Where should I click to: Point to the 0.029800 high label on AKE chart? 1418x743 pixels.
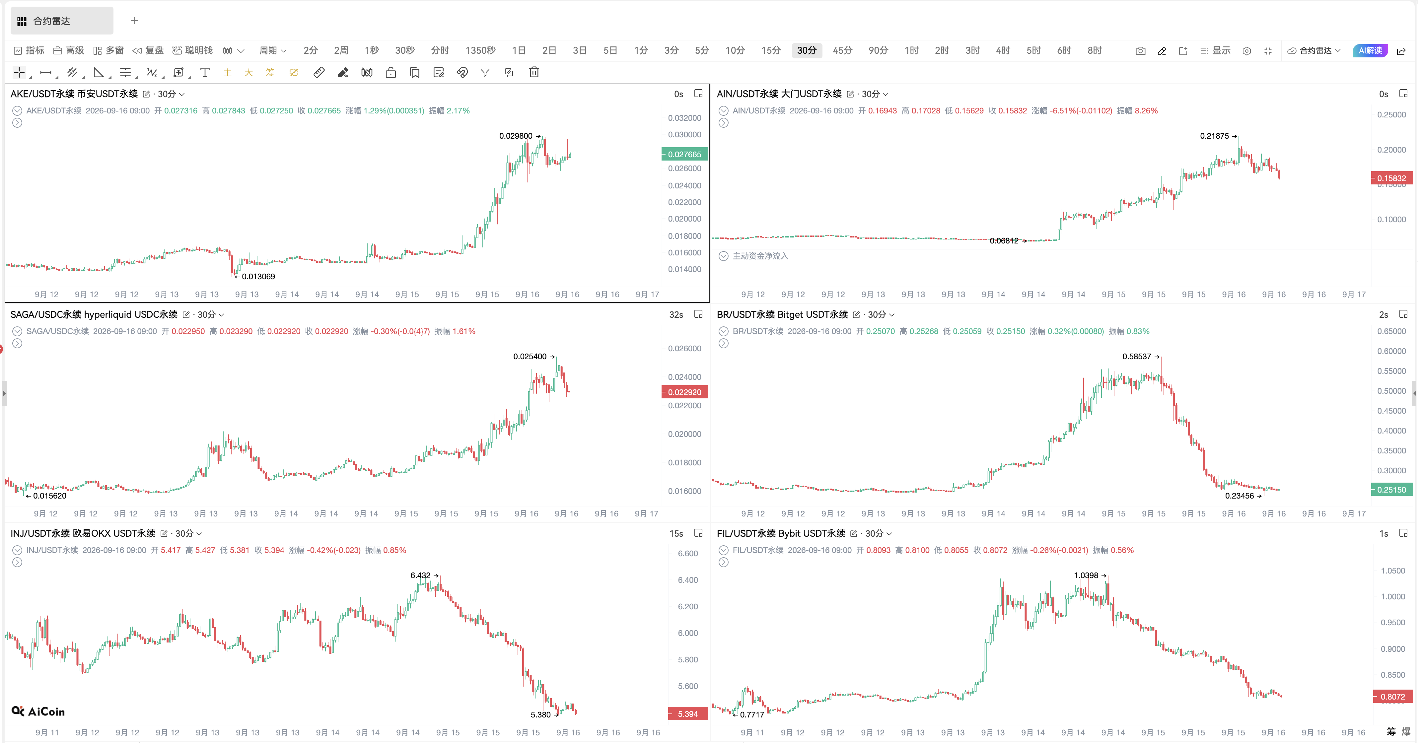pos(516,136)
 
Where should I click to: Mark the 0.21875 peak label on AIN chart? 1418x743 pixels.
pos(1214,136)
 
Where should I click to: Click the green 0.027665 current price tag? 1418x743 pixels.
pos(684,155)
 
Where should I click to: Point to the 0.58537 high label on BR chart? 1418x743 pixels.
pos(1137,357)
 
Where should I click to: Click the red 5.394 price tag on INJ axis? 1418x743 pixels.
pos(687,714)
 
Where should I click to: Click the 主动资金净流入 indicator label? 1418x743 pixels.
pos(760,256)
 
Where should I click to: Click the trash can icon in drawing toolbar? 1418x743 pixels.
pos(534,72)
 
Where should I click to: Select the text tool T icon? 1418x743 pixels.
pos(205,72)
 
